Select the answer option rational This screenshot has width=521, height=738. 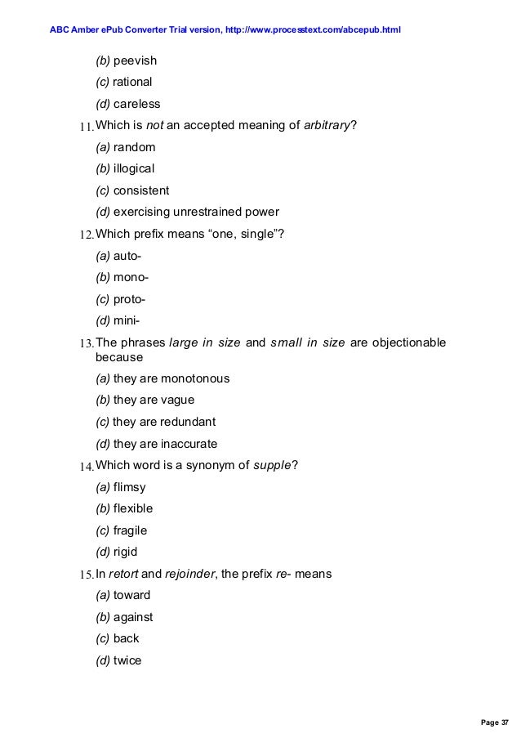(x=132, y=82)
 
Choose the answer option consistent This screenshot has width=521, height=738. (x=141, y=190)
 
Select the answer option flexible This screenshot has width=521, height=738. (x=133, y=508)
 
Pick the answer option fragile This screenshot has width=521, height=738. (x=131, y=530)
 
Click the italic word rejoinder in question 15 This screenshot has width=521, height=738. (x=189, y=574)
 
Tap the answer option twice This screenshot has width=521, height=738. (x=127, y=660)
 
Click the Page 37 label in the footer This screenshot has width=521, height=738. (x=493, y=722)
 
